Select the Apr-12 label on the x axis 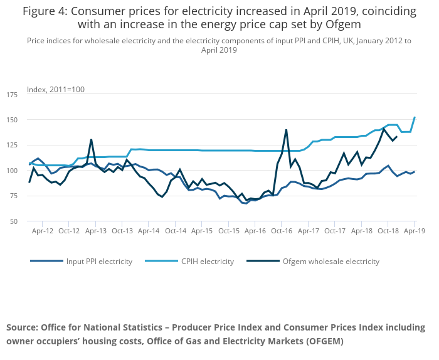pos(43,231)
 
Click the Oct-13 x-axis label pos(122,231)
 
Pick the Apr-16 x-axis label pos(255,231)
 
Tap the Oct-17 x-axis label pos(335,231)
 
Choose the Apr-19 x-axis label pos(414,231)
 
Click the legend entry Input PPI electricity pos(99,262)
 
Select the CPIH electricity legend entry pos(206,262)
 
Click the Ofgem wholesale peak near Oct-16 pos(286,130)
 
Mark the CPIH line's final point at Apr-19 pos(415,117)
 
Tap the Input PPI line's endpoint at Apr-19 pos(415,171)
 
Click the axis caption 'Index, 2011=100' pos(56,90)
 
